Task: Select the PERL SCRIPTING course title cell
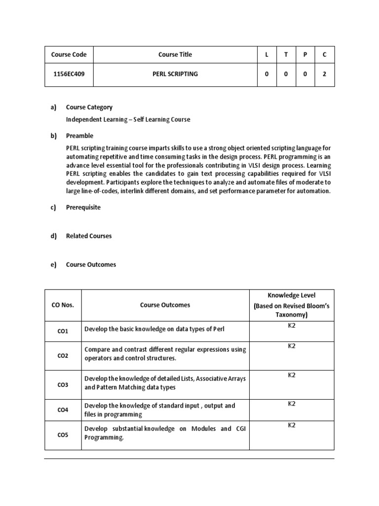175,74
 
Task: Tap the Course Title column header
175,55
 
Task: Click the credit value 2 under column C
324,74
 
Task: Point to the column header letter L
266,55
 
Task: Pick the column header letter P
305,55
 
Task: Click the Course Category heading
89,107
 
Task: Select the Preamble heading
79,136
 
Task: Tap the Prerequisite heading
83,208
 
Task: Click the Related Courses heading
89,236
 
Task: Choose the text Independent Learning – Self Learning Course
128,120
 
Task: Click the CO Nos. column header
63,305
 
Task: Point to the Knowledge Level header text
291,295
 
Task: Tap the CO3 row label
63,385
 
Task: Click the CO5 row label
63,435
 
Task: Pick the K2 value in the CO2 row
292,346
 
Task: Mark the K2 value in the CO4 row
292,404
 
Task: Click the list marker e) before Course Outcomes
53,265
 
